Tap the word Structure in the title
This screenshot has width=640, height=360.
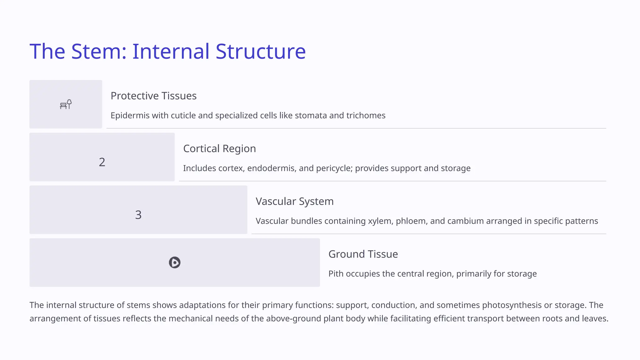(x=261, y=51)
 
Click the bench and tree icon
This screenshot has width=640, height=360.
(x=66, y=104)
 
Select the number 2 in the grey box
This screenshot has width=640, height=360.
(x=102, y=162)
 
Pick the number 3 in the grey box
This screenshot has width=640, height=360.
(x=138, y=215)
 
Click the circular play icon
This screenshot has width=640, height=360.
(x=175, y=262)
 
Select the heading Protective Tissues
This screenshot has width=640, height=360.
(x=153, y=96)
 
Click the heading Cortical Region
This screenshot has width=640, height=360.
(x=219, y=149)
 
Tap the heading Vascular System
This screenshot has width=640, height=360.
(x=294, y=202)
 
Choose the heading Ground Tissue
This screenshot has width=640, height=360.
(x=363, y=254)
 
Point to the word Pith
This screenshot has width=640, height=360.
(x=336, y=274)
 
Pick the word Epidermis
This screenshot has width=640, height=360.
(x=130, y=116)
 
